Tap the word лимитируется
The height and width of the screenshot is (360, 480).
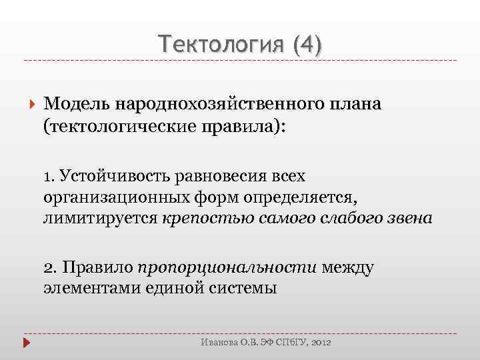coord(100,219)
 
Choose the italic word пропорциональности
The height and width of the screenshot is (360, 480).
coord(227,268)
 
